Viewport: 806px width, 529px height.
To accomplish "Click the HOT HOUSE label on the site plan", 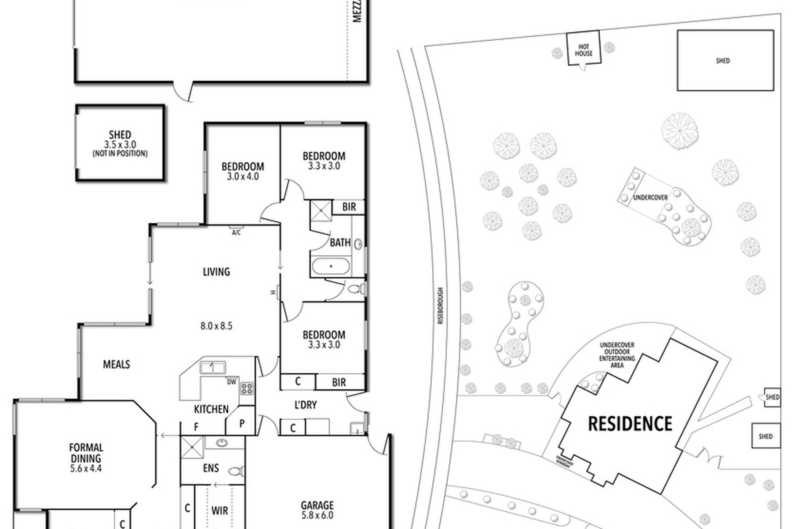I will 584,50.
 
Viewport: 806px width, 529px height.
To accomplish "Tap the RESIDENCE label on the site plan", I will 630,424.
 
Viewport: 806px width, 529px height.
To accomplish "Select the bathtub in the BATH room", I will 331,266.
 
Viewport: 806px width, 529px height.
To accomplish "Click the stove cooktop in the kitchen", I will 247,388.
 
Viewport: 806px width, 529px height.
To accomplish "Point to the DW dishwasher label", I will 231,382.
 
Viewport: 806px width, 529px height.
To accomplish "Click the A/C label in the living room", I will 236,232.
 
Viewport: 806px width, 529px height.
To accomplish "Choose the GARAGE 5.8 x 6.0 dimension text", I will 317,515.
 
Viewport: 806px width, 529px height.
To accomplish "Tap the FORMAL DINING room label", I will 86,453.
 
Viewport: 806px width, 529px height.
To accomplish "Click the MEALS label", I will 116,365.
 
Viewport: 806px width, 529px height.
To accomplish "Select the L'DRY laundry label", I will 305,405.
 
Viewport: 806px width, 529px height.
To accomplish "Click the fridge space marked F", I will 196,426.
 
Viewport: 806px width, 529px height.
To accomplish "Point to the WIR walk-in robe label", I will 219,511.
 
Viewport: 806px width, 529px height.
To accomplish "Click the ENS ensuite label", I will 211,468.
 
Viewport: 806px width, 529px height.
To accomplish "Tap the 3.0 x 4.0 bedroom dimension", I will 243,177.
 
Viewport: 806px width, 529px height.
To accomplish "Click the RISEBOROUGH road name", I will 441,306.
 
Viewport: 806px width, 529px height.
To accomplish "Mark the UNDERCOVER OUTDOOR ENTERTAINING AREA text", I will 617,355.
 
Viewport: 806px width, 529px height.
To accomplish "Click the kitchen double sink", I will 213,367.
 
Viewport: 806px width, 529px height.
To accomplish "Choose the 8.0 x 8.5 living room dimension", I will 216,326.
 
